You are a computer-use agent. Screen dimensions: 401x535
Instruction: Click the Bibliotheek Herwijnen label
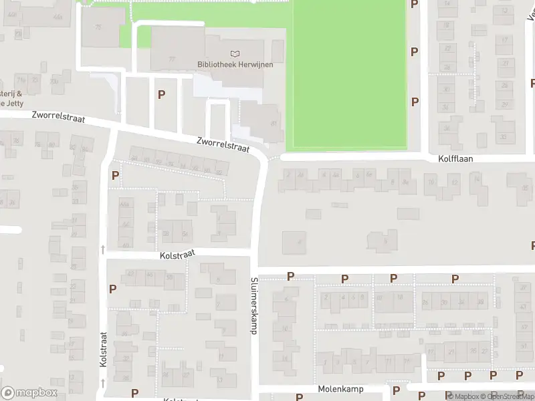(x=230, y=64)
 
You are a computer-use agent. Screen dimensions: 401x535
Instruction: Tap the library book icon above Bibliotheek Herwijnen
(x=234, y=53)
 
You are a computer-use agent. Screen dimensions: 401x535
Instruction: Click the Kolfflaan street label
(x=456, y=160)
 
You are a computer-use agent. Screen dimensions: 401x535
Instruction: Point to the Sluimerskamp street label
(x=254, y=306)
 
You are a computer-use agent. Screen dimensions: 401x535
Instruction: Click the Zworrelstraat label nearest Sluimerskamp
(x=223, y=144)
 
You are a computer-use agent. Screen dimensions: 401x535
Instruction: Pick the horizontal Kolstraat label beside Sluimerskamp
(x=177, y=255)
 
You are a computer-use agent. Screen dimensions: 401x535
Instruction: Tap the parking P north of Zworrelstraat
(x=161, y=95)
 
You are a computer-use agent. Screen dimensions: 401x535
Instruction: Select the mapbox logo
(x=29, y=393)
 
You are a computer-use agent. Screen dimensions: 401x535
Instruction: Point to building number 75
(x=99, y=27)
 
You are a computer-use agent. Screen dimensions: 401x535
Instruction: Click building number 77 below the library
(x=173, y=59)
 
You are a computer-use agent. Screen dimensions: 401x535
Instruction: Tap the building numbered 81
(x=274, y=124)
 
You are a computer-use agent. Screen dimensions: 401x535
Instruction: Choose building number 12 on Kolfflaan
(x=455, y=182)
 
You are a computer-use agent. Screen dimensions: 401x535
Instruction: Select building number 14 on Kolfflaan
(x=476, y=179)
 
